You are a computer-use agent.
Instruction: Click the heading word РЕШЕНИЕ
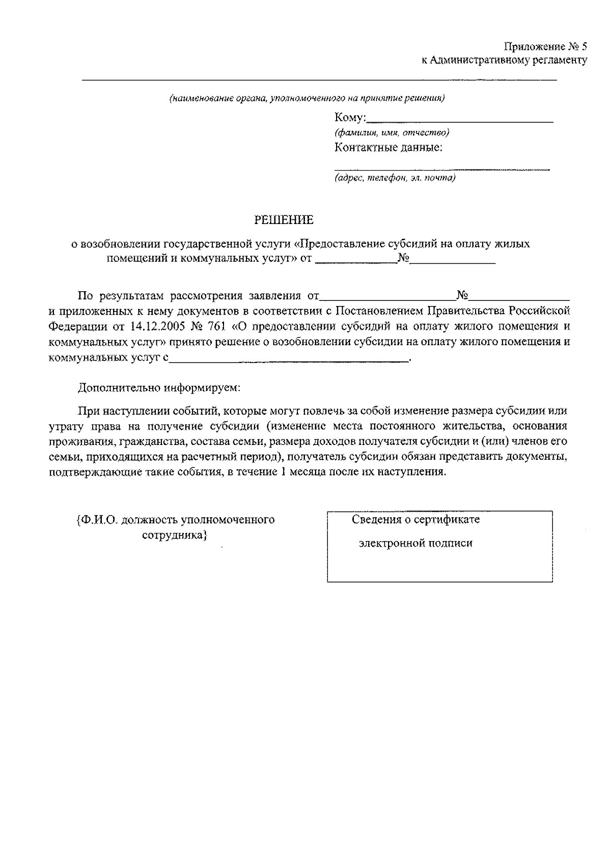tap(284, 220)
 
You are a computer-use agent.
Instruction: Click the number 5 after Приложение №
tap(584, 47)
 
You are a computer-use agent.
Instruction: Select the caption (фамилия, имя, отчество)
tap(392, 133)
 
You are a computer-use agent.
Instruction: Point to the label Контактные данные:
tap(388, 148)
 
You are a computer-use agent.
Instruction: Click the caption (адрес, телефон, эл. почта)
tap(395, 178)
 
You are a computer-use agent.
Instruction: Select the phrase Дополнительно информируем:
tap(158, 388)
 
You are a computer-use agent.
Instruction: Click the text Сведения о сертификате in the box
tap(415, 520)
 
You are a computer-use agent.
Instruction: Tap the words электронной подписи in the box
tap(415, 543)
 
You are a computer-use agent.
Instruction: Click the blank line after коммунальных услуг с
tap(288, 360)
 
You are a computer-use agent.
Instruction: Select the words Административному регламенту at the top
tap(508, 61)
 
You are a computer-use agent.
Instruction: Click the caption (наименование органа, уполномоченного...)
tap(307, 98)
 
